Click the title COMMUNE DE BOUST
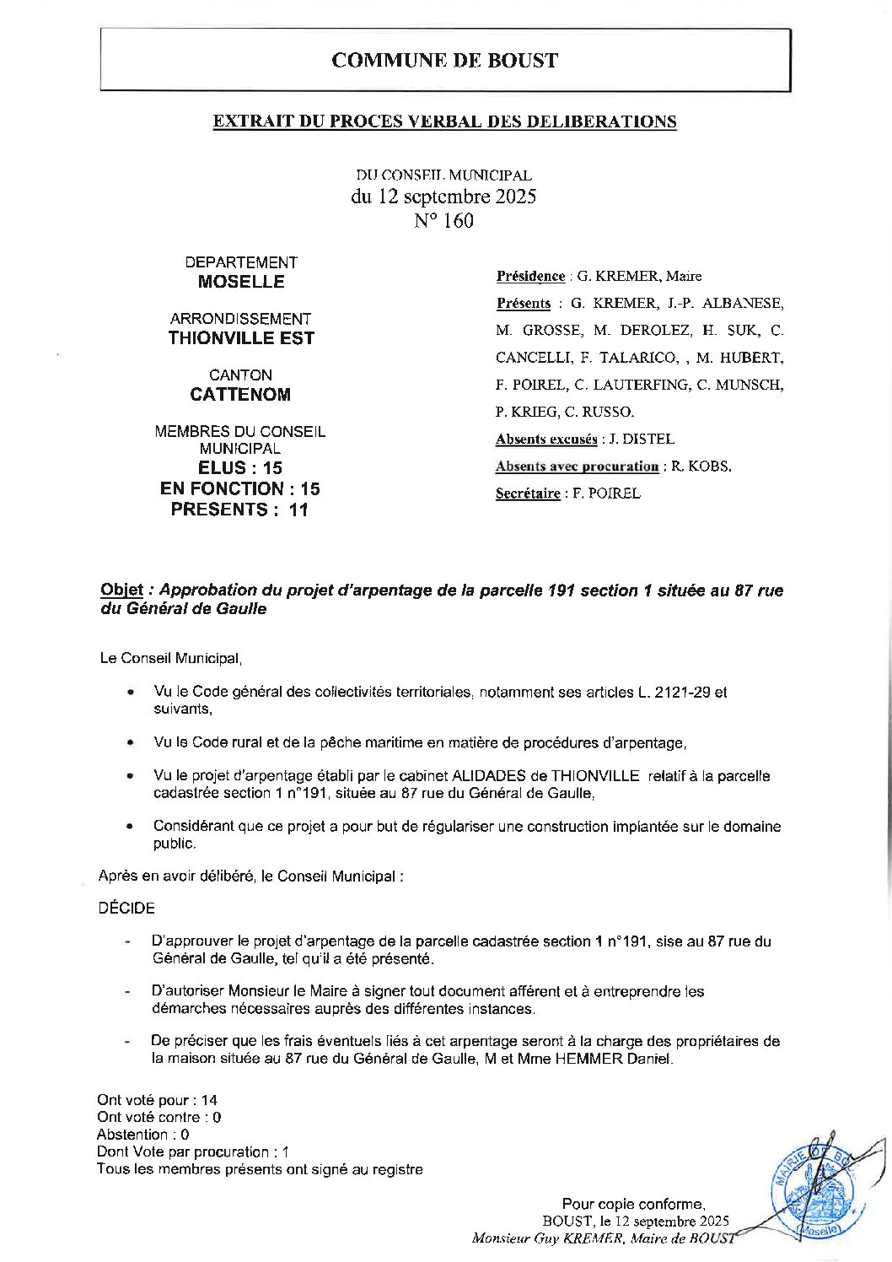coord(444,61)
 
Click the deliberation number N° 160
coord(443,221)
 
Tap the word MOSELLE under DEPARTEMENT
coord(241,282)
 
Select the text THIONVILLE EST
coord(241,338)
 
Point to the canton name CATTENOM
coord(240,395)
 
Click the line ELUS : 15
coord(240,468)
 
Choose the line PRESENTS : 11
coord(240,510)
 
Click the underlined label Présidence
coord(530,276)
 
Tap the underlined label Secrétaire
coord(528,493)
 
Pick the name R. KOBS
coord(701,467)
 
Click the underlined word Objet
coord(121,591)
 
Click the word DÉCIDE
coord(126,909)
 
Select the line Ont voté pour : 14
coord(158,1100)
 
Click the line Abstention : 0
coord(143,1135)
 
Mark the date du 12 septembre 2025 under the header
coord(443,197)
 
